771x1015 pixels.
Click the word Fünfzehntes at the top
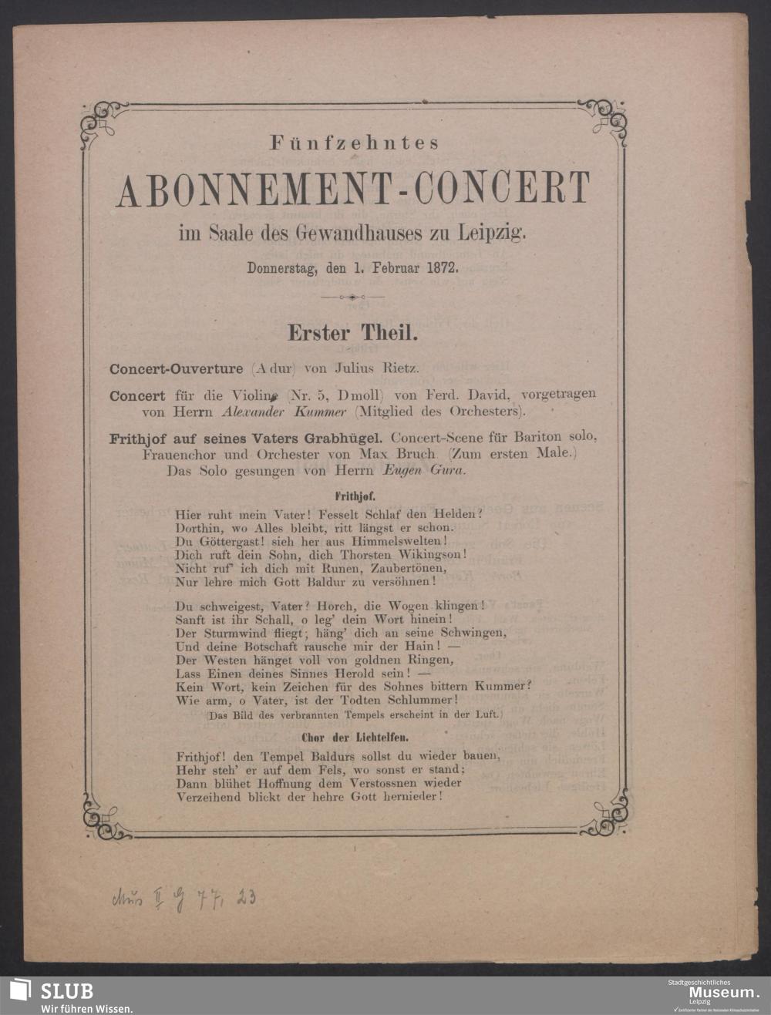click(x=354, y=143)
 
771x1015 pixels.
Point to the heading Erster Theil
click(x=352, y=333)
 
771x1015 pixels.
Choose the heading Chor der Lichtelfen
click(x=354, y=738)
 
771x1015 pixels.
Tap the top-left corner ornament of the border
click(x=100, y=122)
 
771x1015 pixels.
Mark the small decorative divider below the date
click(x=352, y=297)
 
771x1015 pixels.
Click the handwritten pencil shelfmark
click(x=183, y=898)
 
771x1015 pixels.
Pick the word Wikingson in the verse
click(x=433, y=555)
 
